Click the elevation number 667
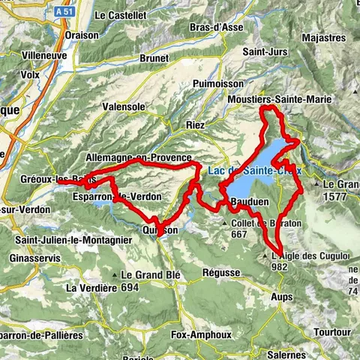239,233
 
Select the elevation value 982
279,266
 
